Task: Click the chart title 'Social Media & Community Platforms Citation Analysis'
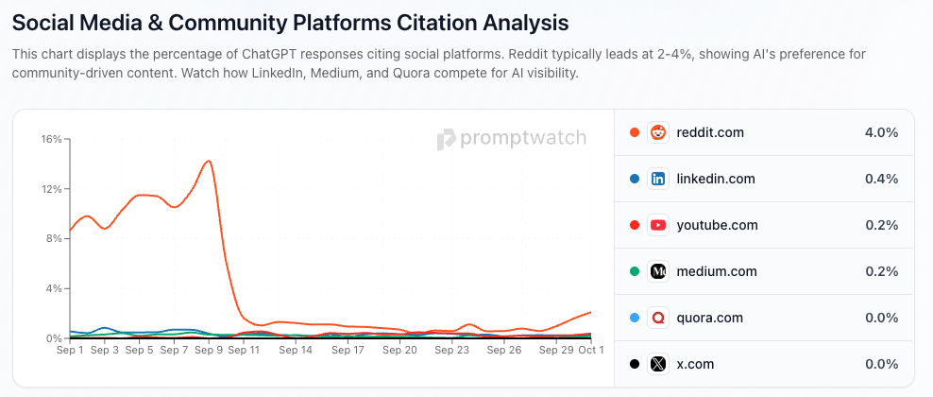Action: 291,20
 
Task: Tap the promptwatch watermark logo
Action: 511,139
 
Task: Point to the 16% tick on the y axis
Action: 51,139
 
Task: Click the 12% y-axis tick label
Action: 51,189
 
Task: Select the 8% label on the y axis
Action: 54,239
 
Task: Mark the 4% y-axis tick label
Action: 54,288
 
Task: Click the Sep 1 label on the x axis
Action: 70,350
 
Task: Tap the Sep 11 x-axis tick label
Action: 244,350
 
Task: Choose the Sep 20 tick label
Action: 399,350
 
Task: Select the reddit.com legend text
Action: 710,132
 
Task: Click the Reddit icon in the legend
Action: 658,132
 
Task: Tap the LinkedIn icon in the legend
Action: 658,179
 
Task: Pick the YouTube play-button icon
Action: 658,225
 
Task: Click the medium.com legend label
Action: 717,271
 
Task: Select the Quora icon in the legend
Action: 658,318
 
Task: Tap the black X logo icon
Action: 658,364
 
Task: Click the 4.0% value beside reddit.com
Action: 881,132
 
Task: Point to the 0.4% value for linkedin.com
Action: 881,179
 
